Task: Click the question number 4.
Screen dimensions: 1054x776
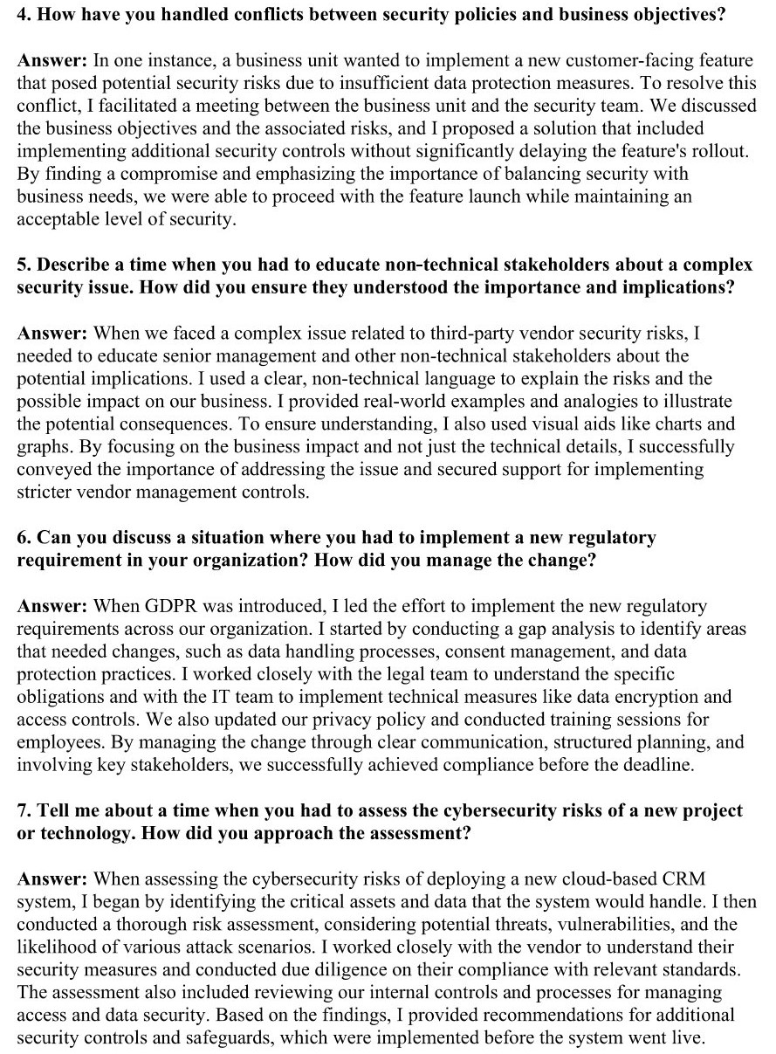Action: (24, 15)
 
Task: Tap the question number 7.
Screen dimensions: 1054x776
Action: (24, 811)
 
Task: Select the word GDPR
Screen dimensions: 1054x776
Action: (163, 605)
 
